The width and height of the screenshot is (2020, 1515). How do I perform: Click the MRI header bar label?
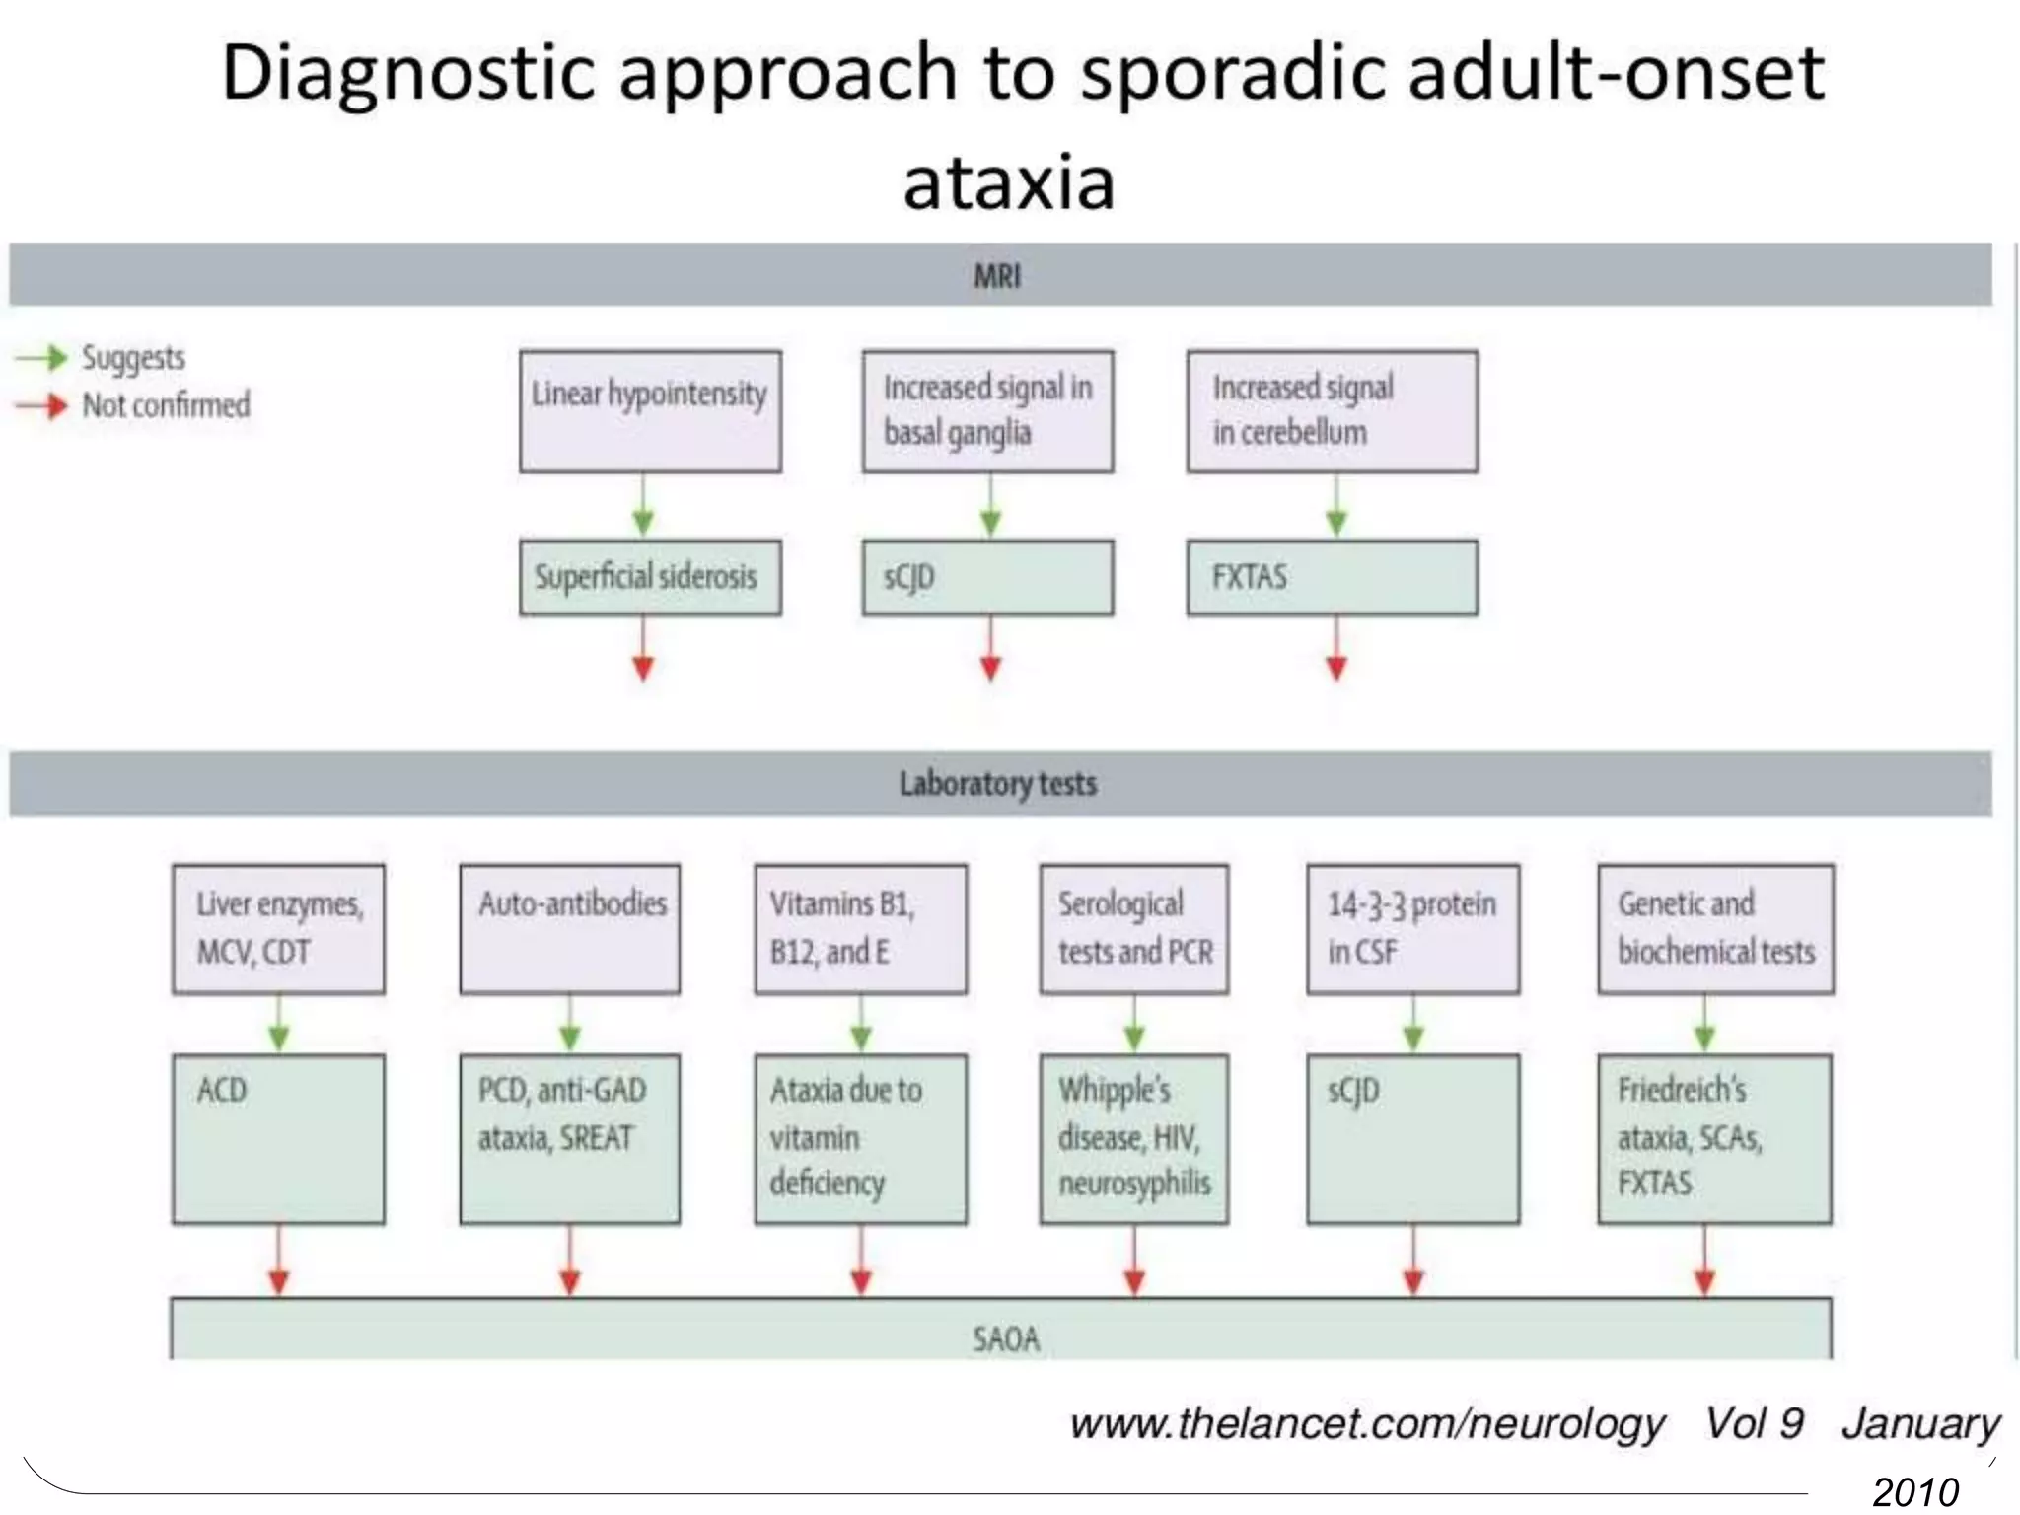click(997, 276)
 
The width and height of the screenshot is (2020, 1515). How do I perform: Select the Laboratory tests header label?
click(997, 784)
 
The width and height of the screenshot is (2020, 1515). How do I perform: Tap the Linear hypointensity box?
click(650, 411)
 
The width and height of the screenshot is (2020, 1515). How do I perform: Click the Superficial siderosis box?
click(650, 577)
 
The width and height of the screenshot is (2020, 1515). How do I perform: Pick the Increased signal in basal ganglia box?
click(987, 411)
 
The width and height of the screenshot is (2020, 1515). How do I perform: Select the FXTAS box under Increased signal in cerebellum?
click(1332, 577)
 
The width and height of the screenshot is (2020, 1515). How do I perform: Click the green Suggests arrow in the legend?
click(41, 357)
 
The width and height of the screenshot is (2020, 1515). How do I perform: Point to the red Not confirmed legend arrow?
click(41, 405)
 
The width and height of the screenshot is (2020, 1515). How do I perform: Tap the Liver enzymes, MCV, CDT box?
click(278, 928)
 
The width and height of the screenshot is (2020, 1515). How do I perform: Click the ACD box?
click(278, 1139)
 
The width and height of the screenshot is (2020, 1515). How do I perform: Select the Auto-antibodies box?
click(569, 928)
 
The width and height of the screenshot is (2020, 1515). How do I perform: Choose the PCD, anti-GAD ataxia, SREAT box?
click(569, 1139)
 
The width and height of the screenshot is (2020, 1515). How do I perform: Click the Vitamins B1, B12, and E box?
click(860, 928)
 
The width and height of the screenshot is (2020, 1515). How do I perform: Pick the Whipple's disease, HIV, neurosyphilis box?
click(1133, 1139)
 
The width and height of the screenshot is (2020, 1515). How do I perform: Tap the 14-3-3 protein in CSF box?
click(1412, 928)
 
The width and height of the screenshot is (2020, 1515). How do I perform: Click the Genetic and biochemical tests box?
click(1715, 928)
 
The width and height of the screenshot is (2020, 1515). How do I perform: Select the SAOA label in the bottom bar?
click(1005, 1338)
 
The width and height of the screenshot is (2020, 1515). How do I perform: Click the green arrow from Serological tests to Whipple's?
click(1134, 1024)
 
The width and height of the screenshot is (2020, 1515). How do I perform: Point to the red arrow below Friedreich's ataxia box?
click(1704, 1262)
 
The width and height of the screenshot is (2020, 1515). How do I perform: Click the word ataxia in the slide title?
click(1009, 183)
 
